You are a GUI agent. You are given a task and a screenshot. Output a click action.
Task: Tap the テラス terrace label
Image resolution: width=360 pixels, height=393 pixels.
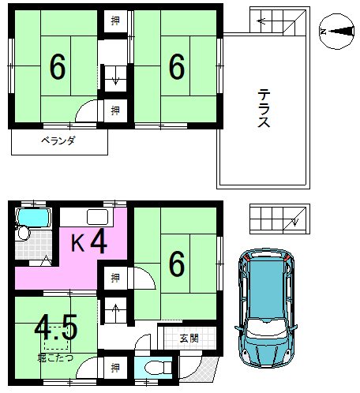(264, 110)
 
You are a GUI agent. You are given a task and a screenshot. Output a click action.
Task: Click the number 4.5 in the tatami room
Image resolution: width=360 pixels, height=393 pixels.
(54, 326)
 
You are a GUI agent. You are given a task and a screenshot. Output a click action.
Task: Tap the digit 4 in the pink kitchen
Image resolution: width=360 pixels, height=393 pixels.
(98, 241)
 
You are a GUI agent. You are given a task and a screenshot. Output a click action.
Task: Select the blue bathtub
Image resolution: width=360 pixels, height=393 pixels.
(34, 216)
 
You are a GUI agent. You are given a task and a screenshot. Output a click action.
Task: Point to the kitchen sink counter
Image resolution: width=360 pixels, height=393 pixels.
(96, 219)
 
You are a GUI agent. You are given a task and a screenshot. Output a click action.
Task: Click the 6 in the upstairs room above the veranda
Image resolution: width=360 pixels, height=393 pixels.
(57, 69)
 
